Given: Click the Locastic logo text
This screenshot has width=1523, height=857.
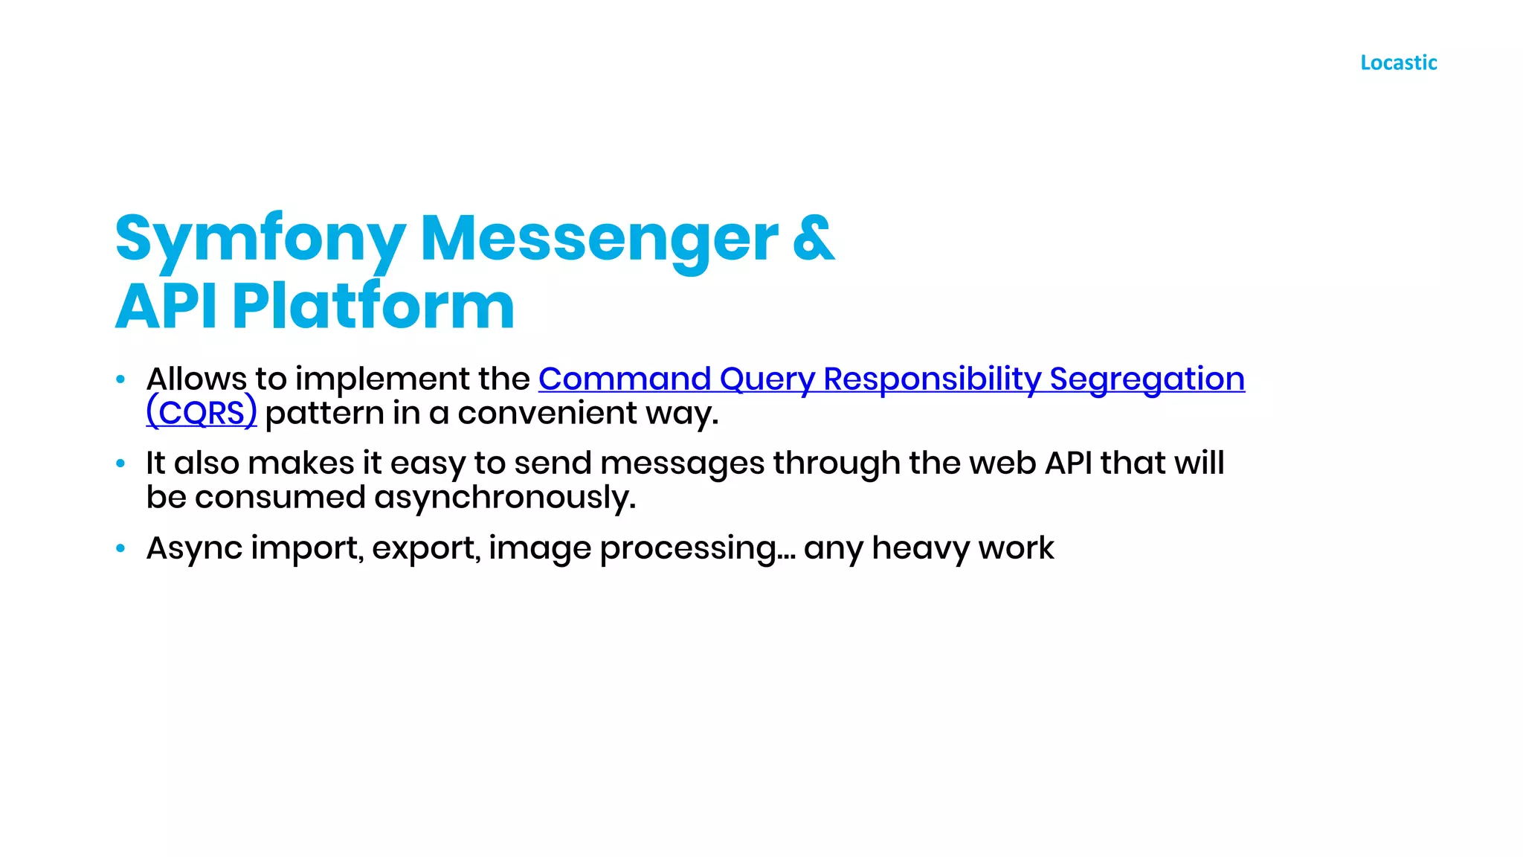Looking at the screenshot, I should tap(1398, 62).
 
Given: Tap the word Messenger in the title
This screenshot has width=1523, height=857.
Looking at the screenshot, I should tap(599, 240).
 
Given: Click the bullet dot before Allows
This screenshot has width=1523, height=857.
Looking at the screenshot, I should tap(120, 379).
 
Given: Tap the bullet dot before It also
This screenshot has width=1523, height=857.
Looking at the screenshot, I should tap(120, 463).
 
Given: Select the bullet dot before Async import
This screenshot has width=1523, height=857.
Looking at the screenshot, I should tap(120, 548).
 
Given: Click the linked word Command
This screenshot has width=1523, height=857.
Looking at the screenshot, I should tap(625, 379).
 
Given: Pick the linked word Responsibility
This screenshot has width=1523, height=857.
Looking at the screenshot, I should tap(932, 379).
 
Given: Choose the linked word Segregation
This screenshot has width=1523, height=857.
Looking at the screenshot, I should tap(1147, 379).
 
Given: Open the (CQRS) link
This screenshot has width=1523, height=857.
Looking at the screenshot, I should tap(202, 413).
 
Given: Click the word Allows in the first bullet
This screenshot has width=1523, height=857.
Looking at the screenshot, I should tap(196, 379).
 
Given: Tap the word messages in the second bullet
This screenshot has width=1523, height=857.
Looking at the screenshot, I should tap(682, 463).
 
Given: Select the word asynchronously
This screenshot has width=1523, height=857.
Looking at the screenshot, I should tap(504, 498).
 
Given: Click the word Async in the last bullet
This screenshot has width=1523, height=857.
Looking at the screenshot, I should tap(194, 548).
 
